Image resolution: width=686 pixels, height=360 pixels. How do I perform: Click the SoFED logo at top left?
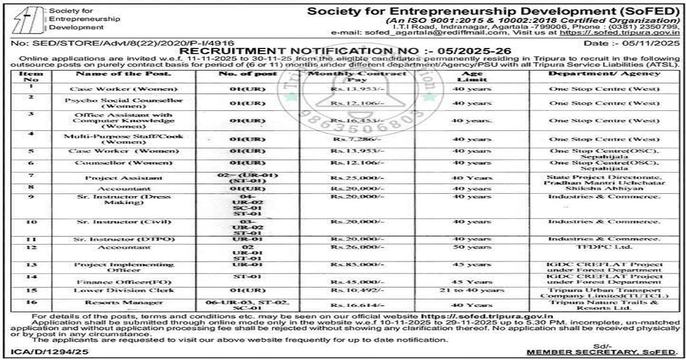[x=26, y=19]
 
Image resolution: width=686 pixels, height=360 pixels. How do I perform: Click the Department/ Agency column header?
[x=604, y=74]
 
